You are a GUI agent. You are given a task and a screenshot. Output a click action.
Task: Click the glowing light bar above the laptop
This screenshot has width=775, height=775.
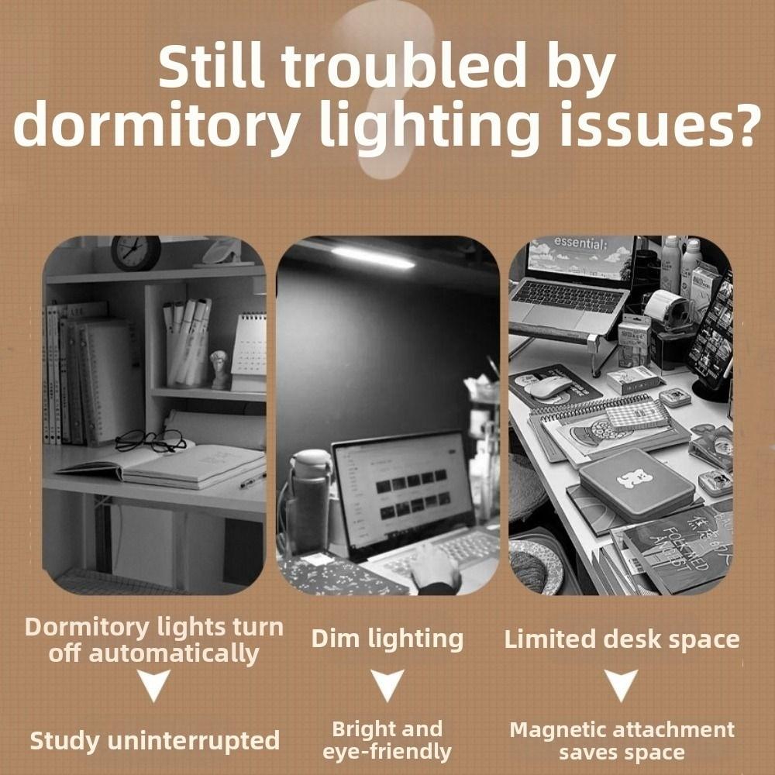373,257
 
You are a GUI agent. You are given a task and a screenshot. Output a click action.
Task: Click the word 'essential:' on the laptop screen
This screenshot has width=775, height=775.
581,243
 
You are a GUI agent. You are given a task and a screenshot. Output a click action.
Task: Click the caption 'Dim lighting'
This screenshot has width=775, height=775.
387,639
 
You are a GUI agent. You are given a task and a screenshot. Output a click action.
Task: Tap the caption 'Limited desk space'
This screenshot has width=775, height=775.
622,640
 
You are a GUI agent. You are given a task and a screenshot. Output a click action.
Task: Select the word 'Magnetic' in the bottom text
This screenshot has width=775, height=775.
558,729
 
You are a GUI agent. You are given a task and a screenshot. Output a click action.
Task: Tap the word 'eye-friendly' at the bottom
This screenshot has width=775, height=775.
387,751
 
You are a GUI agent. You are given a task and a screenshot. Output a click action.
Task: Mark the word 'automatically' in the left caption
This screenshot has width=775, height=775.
174,653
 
